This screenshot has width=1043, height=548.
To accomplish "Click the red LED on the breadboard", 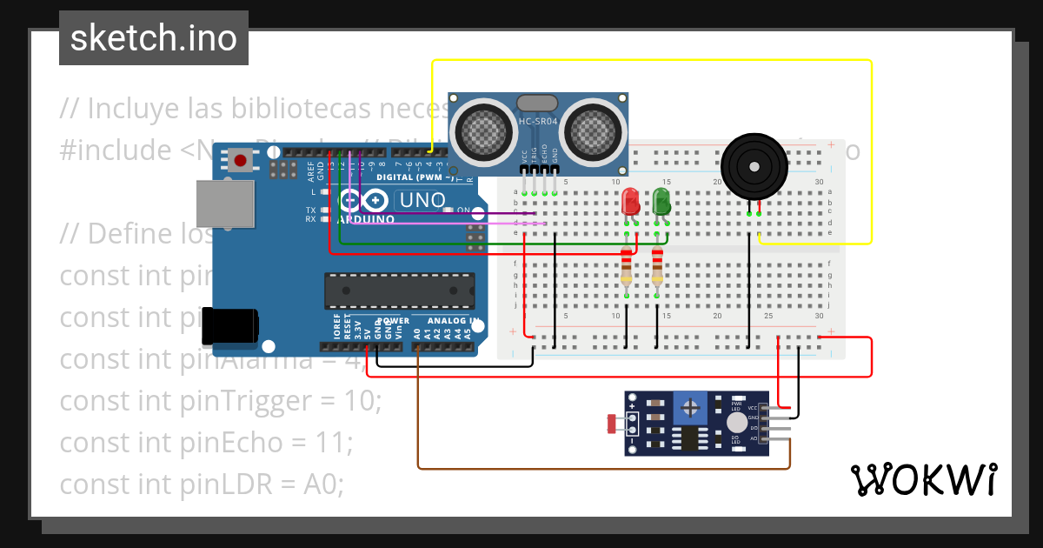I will [x=631, y=203].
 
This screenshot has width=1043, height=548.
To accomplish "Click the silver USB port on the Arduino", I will [x=225, y=204].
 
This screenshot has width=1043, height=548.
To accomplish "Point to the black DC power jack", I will [x=230, y=326].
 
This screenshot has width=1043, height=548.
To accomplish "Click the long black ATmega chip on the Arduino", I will [x=400, y=291].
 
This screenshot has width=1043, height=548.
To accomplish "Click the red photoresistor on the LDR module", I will [x=613, y=424].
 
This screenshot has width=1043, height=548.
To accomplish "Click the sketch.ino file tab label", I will [x=154, y=38].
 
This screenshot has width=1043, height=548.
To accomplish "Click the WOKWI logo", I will [x=923, y=479].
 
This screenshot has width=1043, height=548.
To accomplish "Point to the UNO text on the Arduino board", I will [x=421, y=200].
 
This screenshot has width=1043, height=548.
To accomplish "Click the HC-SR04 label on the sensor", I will [x=538, y=121].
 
